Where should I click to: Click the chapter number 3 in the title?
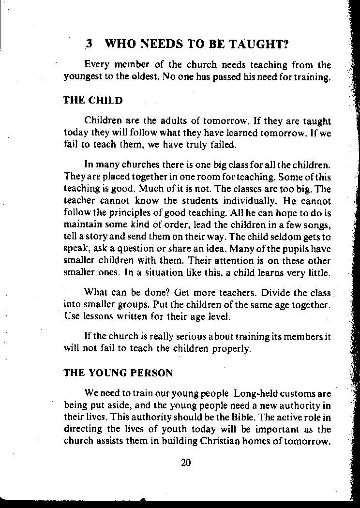point(89,45)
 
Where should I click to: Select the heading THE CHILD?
point(93,101)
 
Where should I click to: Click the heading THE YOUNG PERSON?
point(118,373)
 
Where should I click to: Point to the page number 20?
point(186,463)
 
